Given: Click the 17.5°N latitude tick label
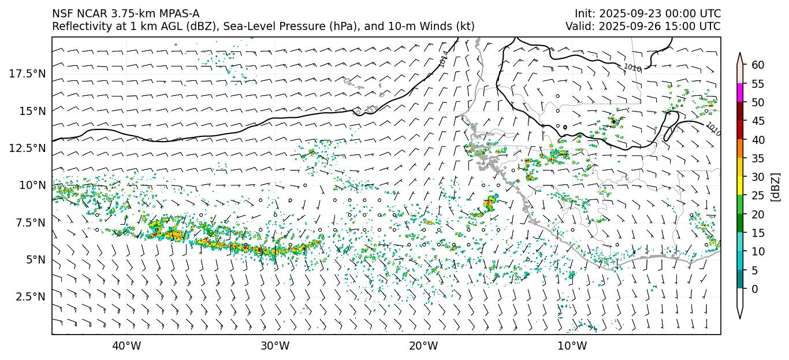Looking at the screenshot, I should [27, 73].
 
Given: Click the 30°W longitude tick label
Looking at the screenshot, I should [275, 346].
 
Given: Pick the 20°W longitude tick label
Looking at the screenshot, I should [423, 346].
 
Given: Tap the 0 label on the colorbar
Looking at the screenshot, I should [754, 289].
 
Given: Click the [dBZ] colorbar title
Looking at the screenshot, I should [775, 186].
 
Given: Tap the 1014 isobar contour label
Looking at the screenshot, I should [444, 59].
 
